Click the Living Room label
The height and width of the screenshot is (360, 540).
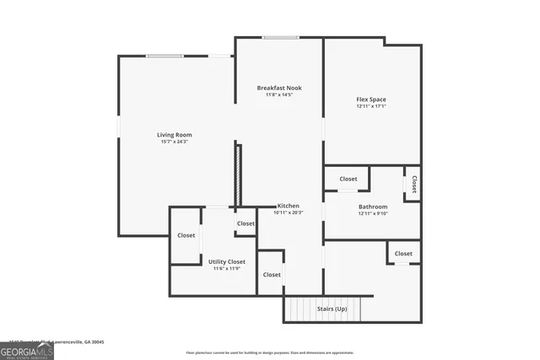(174, 135)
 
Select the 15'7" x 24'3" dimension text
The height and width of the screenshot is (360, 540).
(174, 142)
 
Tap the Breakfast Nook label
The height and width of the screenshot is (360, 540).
(279, 88)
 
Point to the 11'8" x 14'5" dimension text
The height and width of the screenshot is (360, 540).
(279, 94)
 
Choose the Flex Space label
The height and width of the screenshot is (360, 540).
(371, 99)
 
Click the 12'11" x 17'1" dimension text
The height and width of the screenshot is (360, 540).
(371, 106)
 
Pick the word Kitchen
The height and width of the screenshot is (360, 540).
(289, 206)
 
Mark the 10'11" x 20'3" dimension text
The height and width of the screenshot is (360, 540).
(289, 212)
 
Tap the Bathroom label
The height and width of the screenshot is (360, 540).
(372, 207)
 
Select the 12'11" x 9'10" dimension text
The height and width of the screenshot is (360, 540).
(372, 213)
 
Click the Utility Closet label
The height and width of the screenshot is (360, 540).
(227, 261)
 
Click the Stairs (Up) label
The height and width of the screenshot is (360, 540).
(332, 309)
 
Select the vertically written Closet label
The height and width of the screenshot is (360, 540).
(414, 183)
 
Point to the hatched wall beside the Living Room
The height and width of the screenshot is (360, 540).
(239, 175)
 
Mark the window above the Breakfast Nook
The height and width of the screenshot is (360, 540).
(279, 37)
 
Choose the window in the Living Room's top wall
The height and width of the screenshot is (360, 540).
(165, 56)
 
